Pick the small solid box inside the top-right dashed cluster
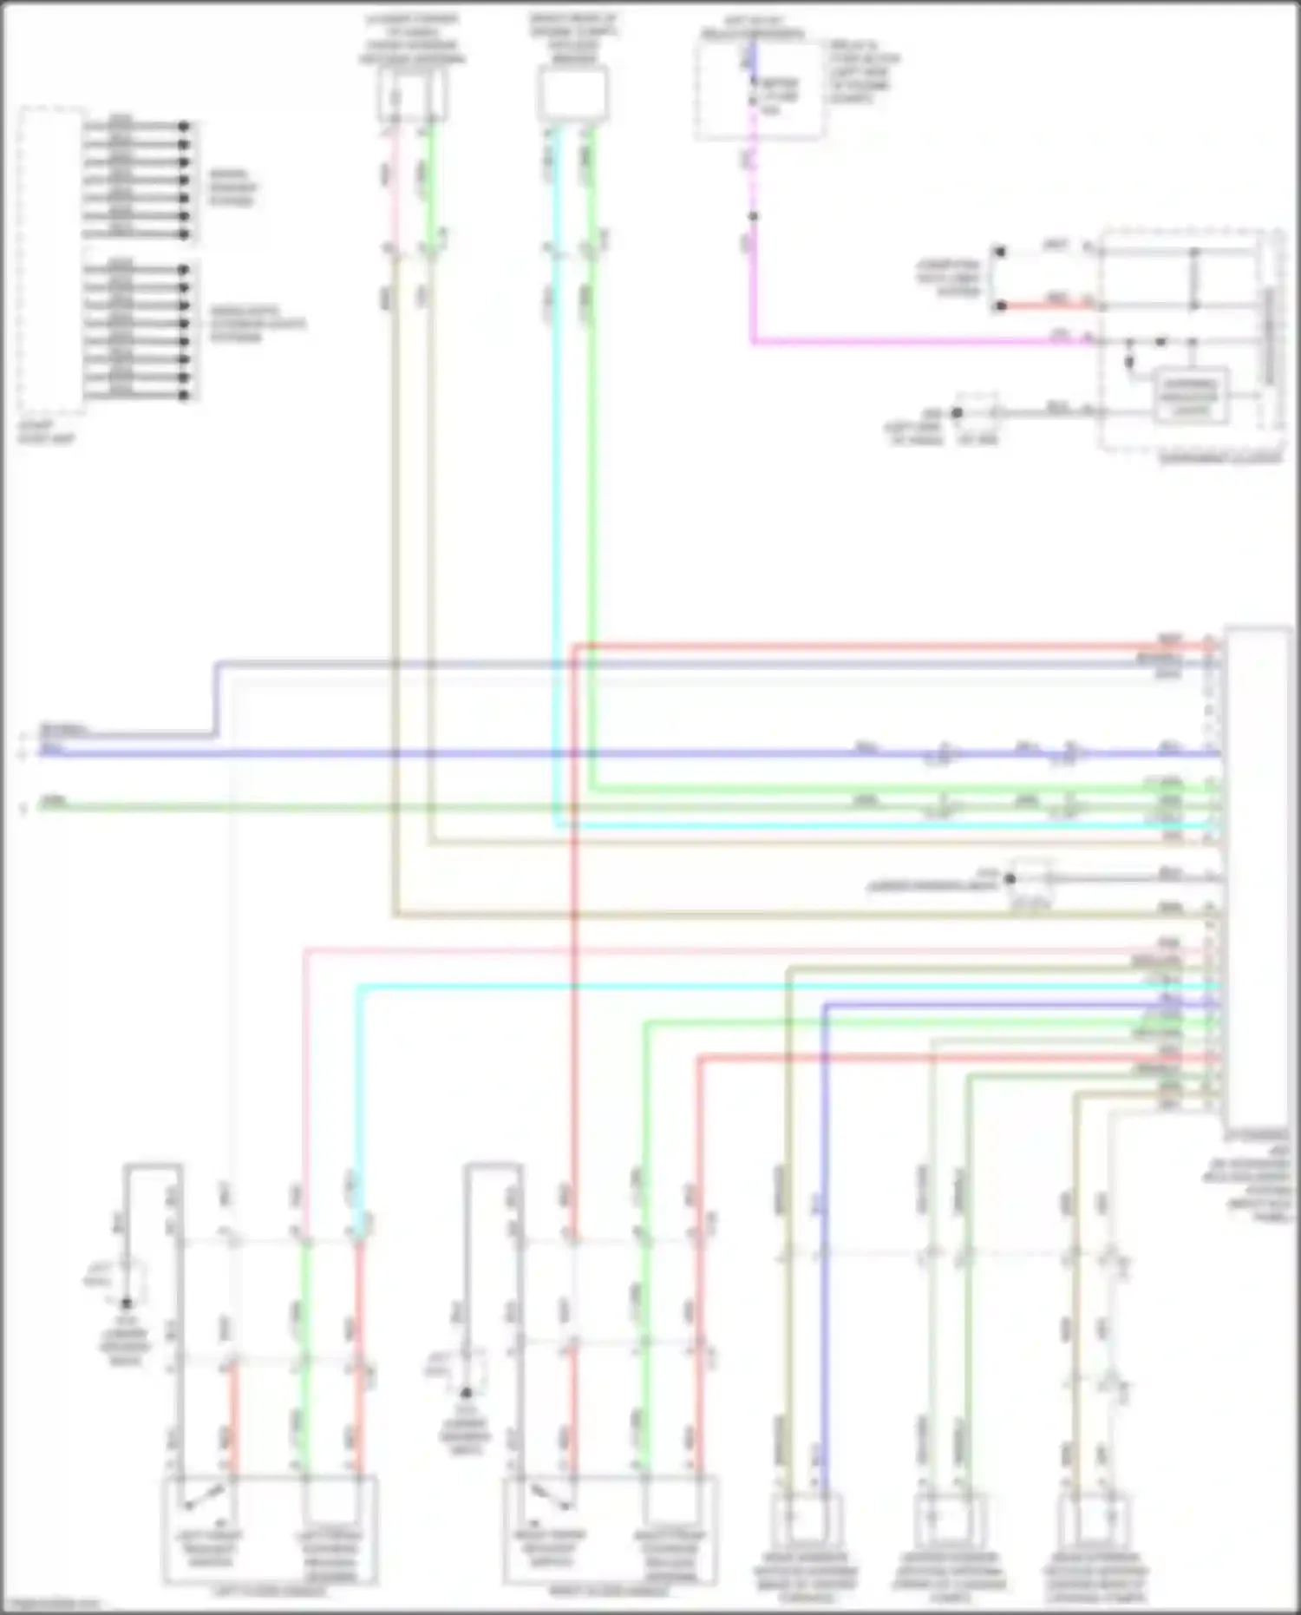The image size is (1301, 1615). [1192, 395]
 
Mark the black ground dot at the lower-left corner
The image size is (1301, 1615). [127, 1303]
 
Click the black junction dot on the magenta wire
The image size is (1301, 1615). [753, 216]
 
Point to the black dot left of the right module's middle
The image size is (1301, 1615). [1010, 879]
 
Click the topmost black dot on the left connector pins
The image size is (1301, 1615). [184, 126]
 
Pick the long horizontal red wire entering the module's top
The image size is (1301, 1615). [867, 647]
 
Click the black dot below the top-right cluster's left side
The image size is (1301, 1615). [958, 413]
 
